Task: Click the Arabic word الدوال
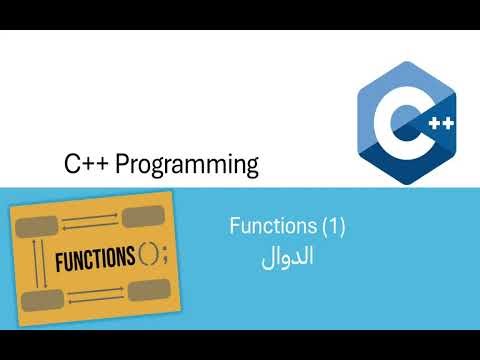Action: click(x=287, y=256)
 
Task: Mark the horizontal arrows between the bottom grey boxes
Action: click(x=96, y=295)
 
